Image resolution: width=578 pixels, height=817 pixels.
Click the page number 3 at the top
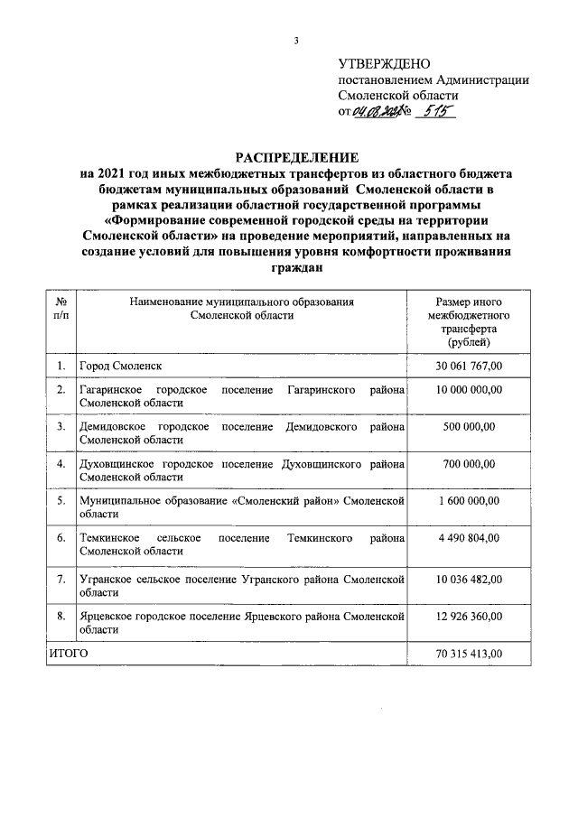coord(295,40)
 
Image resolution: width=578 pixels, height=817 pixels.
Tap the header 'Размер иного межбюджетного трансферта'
coord(468,322)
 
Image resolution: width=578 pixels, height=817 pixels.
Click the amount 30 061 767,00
coord(468,366)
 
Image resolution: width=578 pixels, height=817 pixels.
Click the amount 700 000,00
coord(468,464)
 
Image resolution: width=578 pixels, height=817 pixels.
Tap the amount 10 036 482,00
coord(468,578)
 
